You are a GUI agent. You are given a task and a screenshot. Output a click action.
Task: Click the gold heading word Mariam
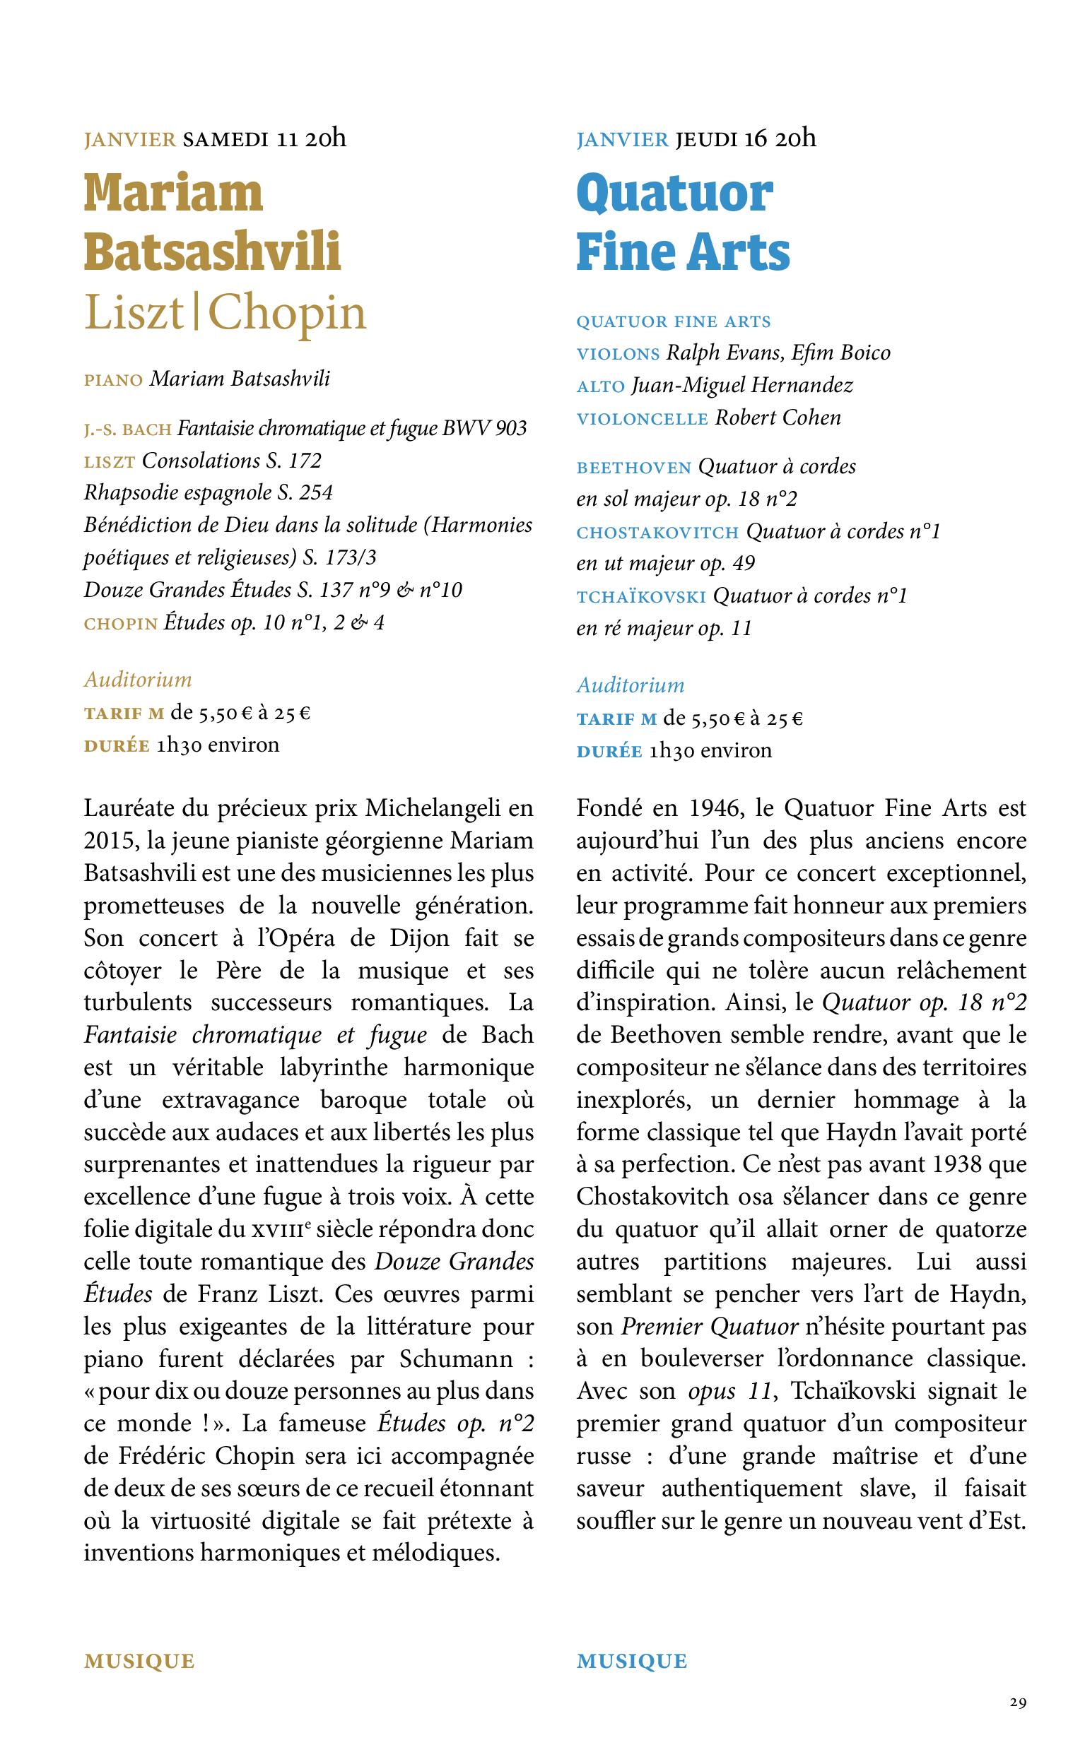click(x=174, y=194)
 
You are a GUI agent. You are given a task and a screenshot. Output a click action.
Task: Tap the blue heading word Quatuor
click(x=674, y=194)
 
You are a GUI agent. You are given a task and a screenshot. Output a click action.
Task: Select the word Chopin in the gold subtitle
click(x=288, y=314)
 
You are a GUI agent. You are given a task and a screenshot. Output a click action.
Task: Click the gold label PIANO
click(x=113, y=380)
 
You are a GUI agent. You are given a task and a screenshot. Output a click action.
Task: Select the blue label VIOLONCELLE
click(x=643, y=418)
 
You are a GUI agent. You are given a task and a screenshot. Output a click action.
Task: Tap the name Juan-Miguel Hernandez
click(x=742, y=386)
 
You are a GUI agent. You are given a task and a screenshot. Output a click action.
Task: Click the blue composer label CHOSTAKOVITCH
click(x=657, y=532)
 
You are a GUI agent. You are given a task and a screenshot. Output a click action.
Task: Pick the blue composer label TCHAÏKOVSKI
click(x=642, y=597)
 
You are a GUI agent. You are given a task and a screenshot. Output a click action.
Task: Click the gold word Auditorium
click(x=138, y=679)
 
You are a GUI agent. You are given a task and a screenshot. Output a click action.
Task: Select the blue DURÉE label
click(x=609, y=751)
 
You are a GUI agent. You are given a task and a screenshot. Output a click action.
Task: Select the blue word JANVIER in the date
click(x=622, y=139)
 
